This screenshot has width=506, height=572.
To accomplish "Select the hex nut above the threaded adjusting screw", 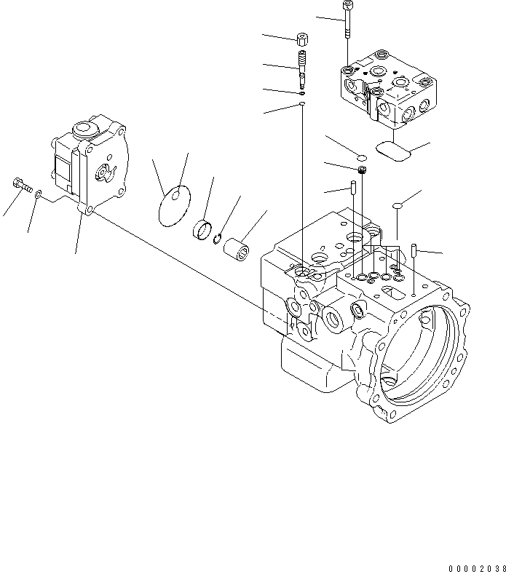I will click(x=301, y=38).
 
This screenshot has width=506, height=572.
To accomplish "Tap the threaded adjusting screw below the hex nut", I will click(x=301, y=65).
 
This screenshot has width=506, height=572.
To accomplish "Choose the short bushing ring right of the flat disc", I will click(x=202, y=231).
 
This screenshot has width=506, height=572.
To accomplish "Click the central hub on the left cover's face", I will click(x=104, y=173).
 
